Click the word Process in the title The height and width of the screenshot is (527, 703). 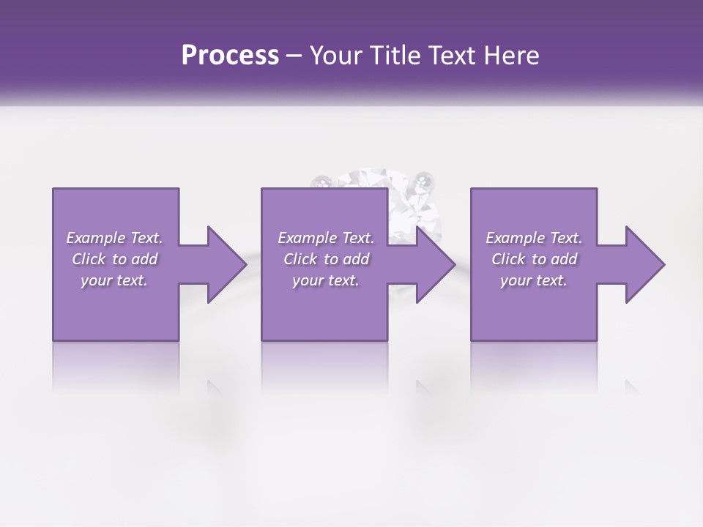(230, 56)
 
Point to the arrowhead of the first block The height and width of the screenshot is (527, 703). (223, 264)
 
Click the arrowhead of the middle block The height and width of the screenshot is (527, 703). (433, 264)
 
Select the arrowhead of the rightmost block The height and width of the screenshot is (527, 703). (642, 264)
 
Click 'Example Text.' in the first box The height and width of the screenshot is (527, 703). (114, 238)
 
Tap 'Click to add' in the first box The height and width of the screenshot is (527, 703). (114, 259)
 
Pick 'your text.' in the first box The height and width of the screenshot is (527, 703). (114, 280)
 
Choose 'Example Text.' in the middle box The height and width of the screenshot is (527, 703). (325, 238)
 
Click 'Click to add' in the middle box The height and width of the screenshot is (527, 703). (325, 259)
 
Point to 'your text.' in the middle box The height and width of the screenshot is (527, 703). (325, 280)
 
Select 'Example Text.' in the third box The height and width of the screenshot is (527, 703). (533, 238)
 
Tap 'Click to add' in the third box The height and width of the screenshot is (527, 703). (533, 259)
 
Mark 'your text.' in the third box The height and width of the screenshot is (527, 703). (533, 280)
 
